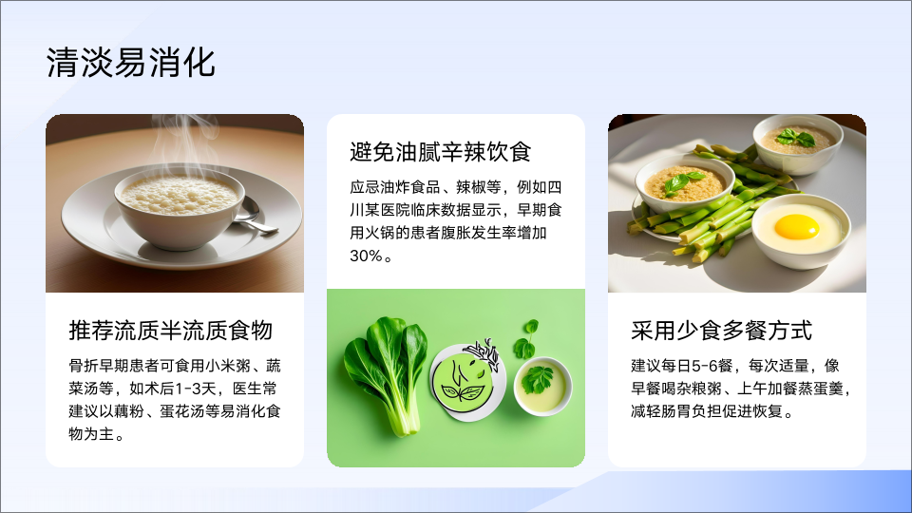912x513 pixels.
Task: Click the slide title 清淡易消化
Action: [131, 63]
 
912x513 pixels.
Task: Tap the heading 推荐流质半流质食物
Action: [171, 331]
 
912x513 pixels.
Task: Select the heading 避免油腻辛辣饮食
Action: [440, 152]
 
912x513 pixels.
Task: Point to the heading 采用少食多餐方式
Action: [721, 331]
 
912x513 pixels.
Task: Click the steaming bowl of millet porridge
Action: [179, 206]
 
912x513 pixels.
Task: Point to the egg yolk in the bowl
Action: [796, 226]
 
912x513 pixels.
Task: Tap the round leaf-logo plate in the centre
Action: [467, 381]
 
